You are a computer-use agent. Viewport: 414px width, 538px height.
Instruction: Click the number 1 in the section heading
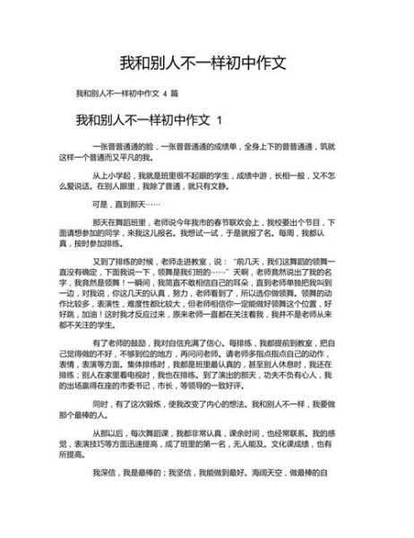click(x=220, y=120)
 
